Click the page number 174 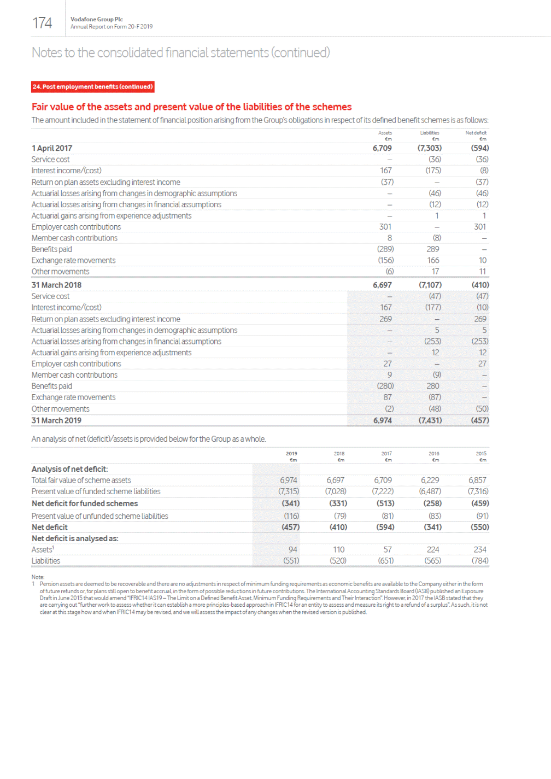[x=42, y=23]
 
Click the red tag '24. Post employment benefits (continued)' [x=92, y=87]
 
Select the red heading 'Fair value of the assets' [x=191, y=107]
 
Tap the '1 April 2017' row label [x=52, y=148]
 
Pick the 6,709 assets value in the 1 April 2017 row [x=382, y=148]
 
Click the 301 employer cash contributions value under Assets [x=385, y=227]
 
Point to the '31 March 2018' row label [x=56, y=285]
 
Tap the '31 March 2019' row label [x=56, y=420]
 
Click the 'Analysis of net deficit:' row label [x=69, y=469]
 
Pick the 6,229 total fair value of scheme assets [x=430, y=480]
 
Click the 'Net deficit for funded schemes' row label [x=85, y=503]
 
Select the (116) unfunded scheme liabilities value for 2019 [x=291, y=516]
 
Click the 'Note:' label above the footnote [x=38, y=577]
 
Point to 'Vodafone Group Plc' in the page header [x=97, y=19]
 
